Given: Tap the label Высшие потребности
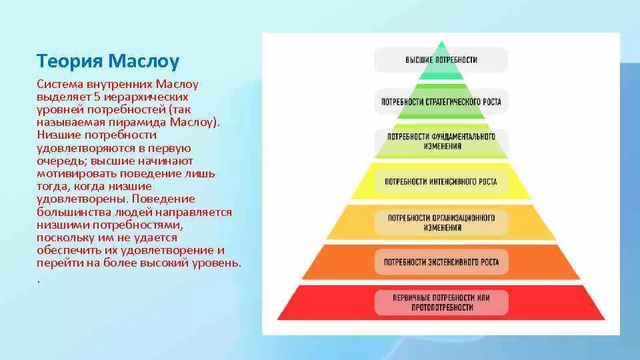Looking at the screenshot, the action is click(441, 60).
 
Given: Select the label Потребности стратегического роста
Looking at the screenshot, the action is click(441, 103).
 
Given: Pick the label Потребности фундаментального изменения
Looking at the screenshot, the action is click(441, 141).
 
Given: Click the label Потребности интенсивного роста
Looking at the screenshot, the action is click(441, 181).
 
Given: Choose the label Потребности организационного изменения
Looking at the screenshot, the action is click(441, 223).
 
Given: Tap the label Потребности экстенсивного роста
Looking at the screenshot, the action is click(441, 262).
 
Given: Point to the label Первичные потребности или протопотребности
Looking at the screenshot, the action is click(441, 302).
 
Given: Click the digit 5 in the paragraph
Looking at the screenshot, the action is click(97, 97).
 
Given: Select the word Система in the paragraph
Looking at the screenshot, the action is click(59, 85).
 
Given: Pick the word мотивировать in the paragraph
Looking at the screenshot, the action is click(72, 173).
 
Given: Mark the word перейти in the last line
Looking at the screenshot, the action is click(59, 263).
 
